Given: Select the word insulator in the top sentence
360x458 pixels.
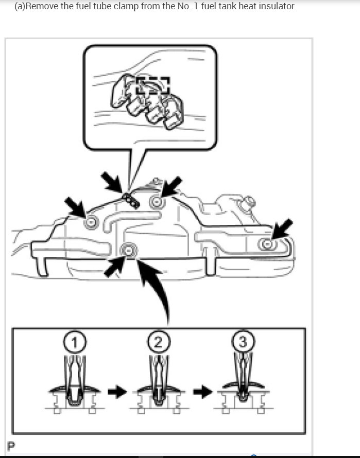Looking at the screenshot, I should [277, 7].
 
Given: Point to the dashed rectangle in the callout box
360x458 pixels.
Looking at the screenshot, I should [152, 86].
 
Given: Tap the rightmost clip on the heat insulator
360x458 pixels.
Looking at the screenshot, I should [266, 244].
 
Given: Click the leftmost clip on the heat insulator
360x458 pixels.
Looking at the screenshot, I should [92, 222].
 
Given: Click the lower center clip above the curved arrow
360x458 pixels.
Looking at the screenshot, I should [128, 250].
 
